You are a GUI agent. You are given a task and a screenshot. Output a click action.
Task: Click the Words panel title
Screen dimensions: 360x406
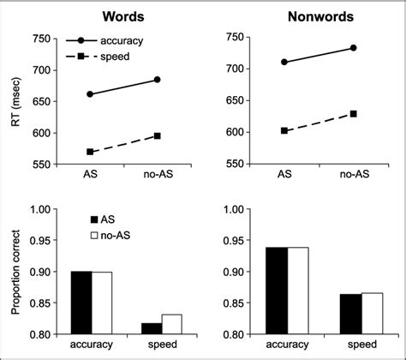122,15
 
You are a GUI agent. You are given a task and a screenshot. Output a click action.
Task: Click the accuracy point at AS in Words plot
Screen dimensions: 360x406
90,94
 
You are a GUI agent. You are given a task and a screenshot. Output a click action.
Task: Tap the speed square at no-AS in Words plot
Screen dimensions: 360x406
157,135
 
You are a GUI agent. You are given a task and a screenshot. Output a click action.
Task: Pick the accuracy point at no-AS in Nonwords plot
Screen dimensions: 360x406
353,48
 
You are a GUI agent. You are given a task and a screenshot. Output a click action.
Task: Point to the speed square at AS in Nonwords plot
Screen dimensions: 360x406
284,130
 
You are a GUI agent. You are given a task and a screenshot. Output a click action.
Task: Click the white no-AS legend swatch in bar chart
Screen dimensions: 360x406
96,235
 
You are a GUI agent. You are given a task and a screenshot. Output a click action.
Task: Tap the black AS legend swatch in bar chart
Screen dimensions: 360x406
96,219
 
